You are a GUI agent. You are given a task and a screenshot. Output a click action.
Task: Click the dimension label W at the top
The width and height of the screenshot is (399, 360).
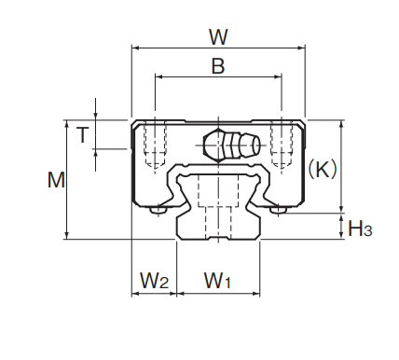(219, 37)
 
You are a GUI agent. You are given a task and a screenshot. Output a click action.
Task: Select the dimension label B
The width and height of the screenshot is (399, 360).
(218, 66)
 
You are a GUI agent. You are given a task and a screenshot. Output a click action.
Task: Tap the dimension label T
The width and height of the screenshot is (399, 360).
(83, 134)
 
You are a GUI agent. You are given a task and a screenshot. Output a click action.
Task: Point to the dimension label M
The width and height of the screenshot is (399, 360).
(56, 180)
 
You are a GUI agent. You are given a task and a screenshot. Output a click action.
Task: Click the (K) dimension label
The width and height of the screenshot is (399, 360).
(323, 170)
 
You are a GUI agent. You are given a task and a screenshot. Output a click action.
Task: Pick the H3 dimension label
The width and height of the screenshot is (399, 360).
(360, 228)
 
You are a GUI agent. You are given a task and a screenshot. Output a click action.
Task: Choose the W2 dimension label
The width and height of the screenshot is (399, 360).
(154, 281)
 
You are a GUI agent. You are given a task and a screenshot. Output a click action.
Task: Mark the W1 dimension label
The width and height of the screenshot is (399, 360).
(217, 281)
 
